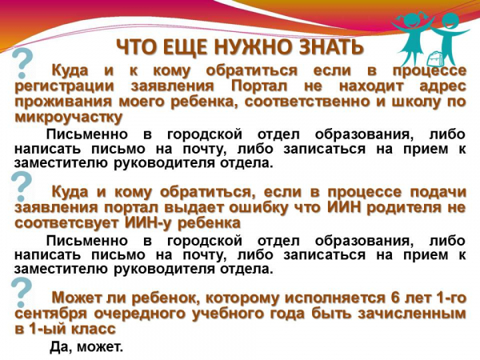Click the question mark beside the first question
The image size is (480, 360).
(x=22, y=64)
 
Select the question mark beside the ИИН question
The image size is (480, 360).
(x=22, y=186)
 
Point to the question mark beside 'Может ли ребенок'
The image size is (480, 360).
(x=22, y=293)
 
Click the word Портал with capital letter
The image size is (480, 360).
(x=259, y=86)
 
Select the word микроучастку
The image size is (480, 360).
(x=69, y=118)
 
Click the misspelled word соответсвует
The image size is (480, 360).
(x=66, y=223)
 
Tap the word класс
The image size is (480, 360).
(x=94, y=329)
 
